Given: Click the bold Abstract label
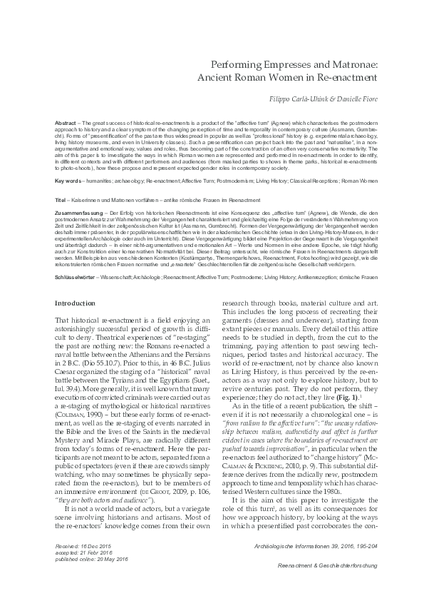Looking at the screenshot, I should coord(66,123).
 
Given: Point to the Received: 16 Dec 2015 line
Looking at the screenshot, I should coord(84,545).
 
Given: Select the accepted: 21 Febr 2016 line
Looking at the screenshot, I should coord(85,552).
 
